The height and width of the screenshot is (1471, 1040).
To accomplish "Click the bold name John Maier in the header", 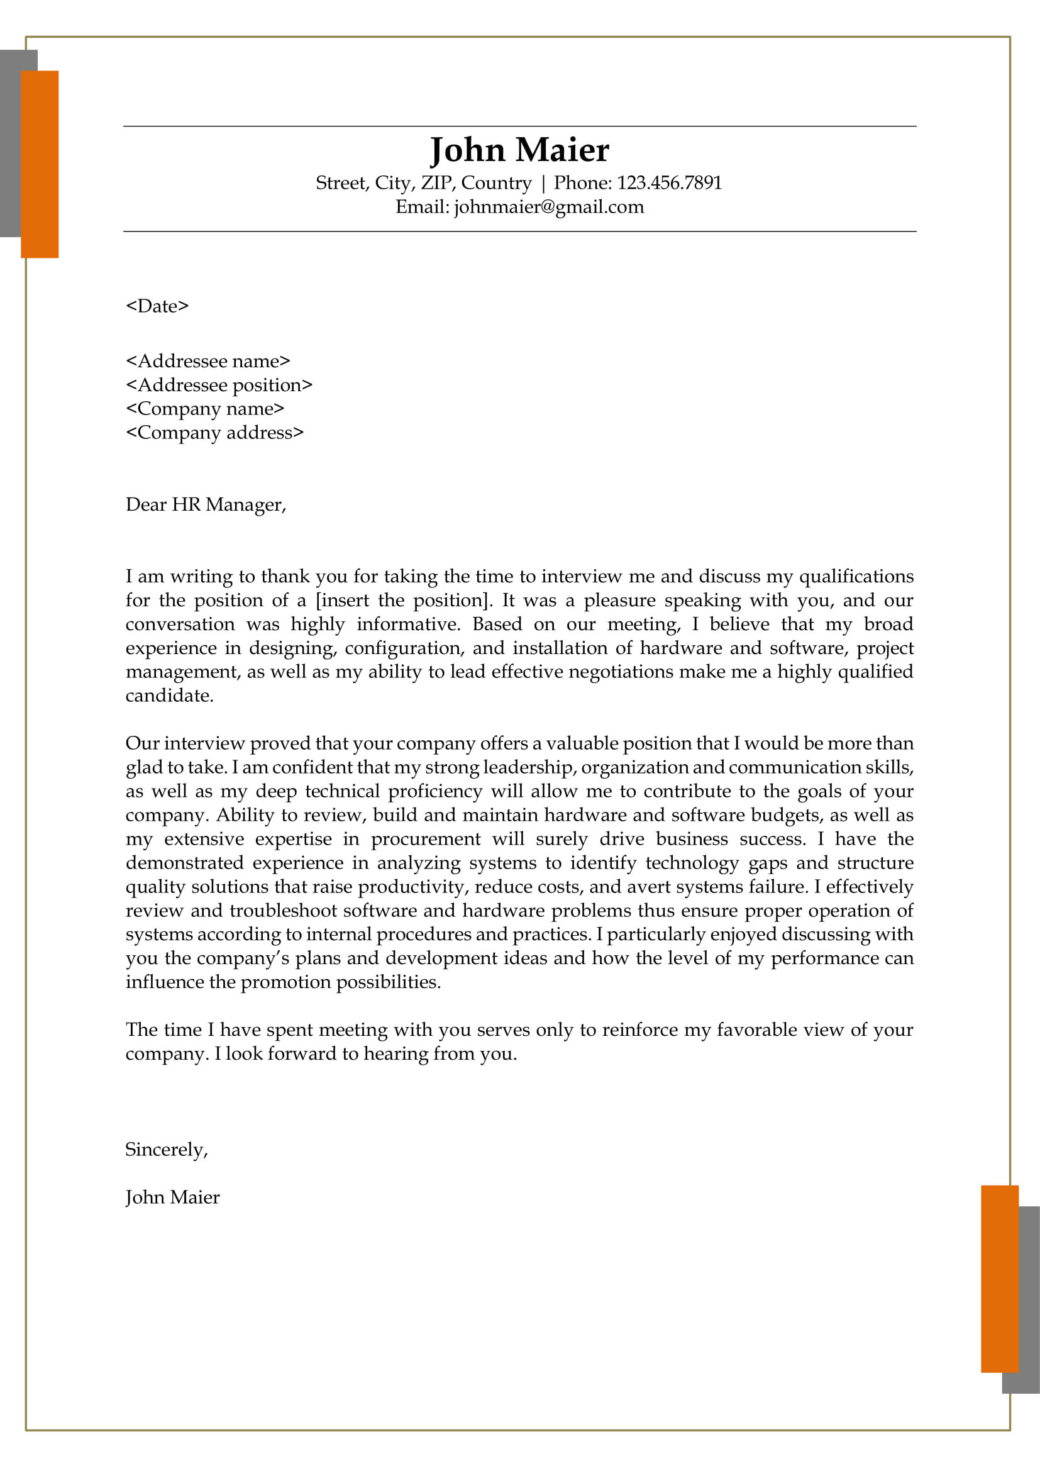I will [519, 150].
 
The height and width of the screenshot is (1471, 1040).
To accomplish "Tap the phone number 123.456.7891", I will [669, 183].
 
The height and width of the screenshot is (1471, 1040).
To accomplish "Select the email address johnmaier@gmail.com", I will [549, 207].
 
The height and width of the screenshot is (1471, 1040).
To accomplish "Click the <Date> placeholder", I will [158, 306].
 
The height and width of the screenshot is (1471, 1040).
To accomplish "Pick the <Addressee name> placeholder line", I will [208, 362].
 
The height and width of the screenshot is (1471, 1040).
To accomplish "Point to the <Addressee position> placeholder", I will [219, 385].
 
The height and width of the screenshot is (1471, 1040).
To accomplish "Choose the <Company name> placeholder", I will [205, 409].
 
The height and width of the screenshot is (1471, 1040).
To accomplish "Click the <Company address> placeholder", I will [214, 433].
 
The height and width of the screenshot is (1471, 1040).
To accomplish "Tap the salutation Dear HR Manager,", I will [206, 505].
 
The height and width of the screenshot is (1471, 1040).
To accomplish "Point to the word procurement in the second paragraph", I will [426, 840].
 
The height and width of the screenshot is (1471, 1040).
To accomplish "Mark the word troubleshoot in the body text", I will [283, 911].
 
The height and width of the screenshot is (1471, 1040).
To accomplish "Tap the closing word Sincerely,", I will [167, 1150].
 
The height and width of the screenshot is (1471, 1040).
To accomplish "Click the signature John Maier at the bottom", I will [172, 1197].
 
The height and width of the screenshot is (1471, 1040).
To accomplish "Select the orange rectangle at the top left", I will [40, 164].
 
